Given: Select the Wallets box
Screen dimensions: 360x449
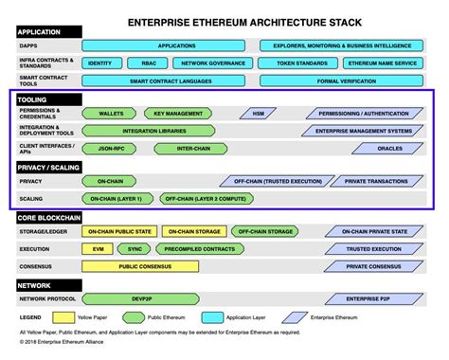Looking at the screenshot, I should coord(111,113).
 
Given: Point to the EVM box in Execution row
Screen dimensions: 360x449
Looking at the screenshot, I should coord(96,248).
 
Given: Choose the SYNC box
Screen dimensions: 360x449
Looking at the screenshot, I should coord(134,248).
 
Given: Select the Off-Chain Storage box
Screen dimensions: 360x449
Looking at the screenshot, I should coord(264,231).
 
